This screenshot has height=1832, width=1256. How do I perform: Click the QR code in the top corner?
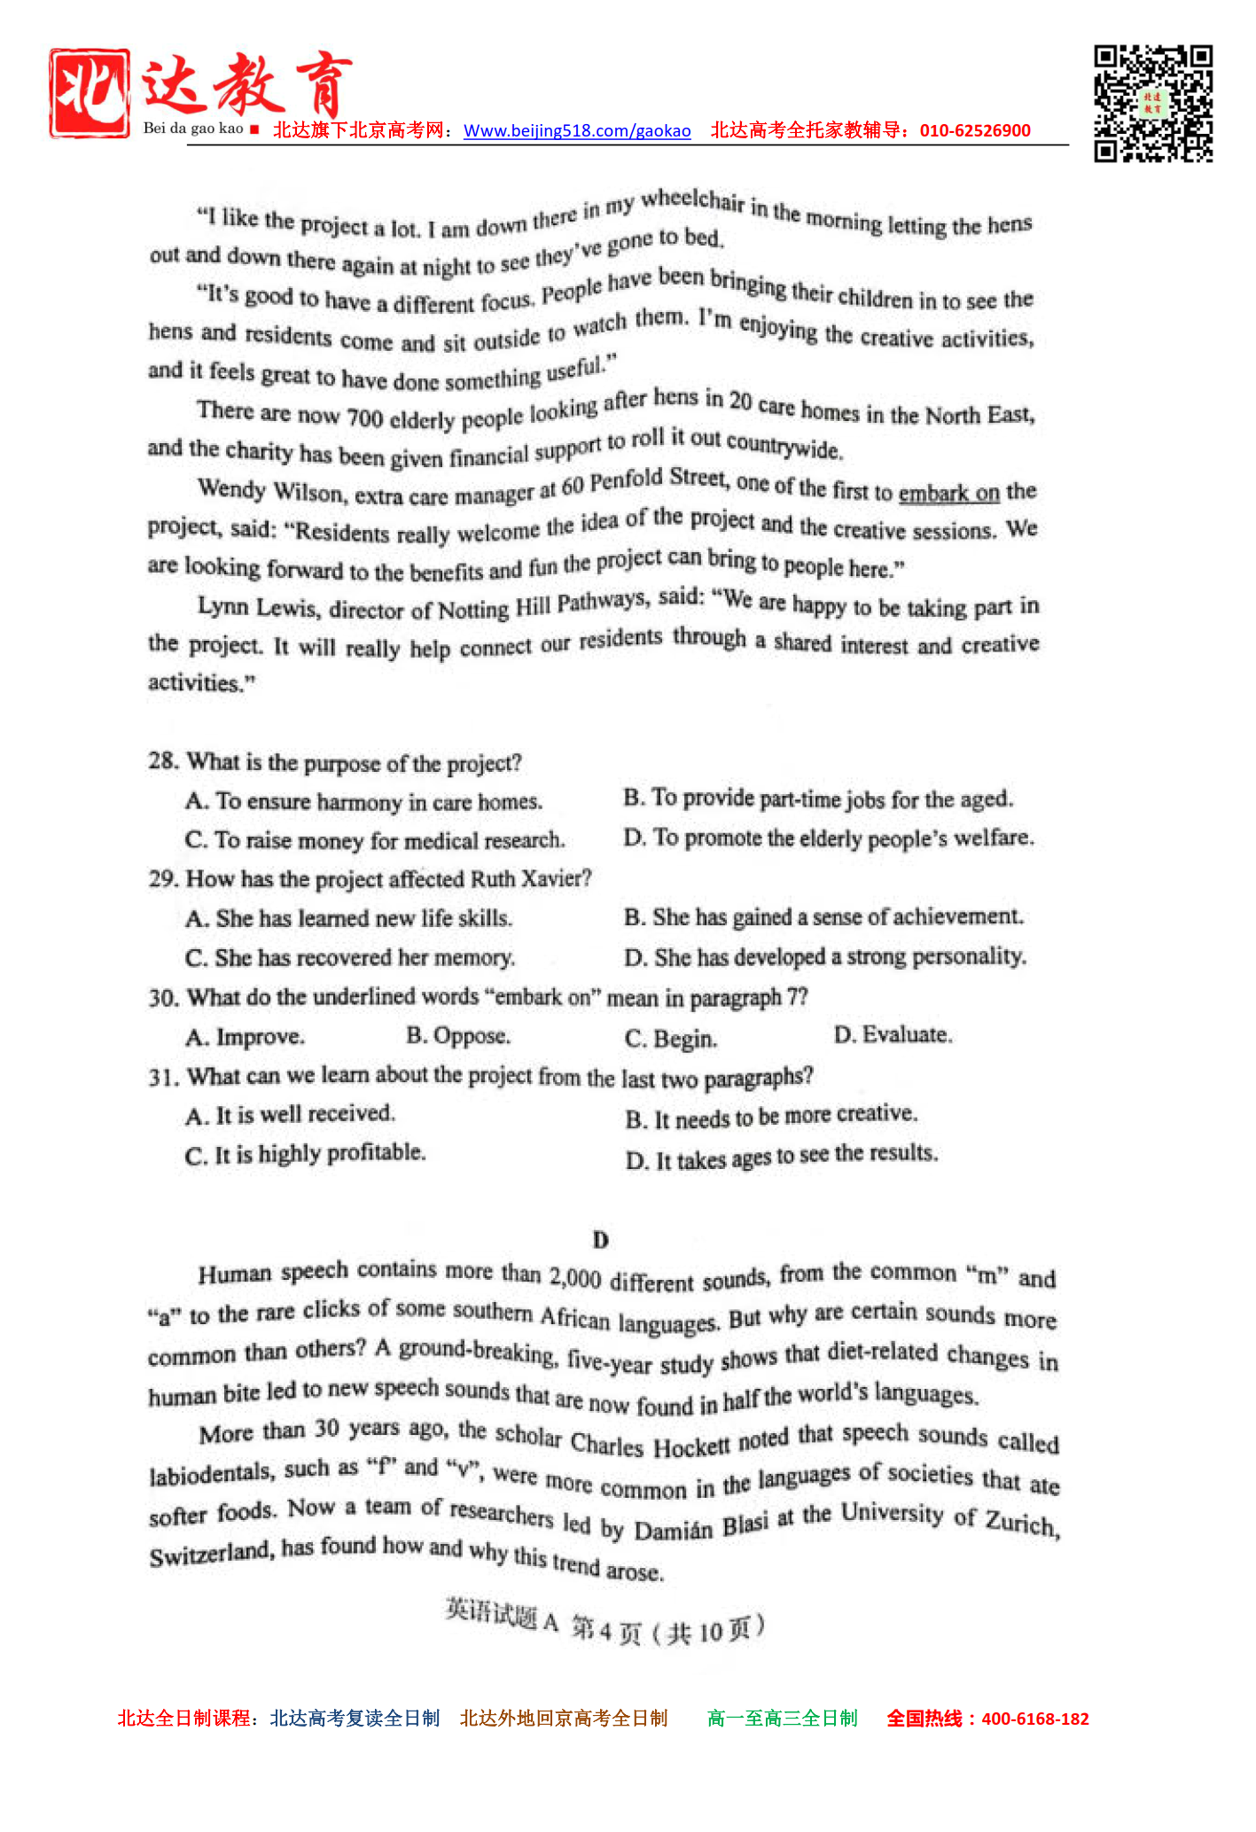[1152, 104]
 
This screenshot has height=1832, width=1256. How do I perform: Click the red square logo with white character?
[90, 93]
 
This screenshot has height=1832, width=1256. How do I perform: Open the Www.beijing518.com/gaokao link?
[577, 131]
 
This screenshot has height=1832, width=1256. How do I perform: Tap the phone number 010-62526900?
[975, 130]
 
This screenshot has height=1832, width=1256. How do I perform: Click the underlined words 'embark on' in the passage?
[948, 493]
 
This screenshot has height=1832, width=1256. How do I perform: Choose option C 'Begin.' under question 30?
[671, 1038]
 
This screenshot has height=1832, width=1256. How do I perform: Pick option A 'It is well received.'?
[291, 1114]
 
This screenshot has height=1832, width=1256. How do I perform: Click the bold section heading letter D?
[601, 1239]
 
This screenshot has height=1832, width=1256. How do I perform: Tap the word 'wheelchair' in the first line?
[692, 200]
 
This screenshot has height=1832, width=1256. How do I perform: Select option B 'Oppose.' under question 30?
[458, 1035]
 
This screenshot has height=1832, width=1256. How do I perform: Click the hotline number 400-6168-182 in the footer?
[1035, 1719]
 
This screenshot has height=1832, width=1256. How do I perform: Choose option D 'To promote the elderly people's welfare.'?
[829, 838]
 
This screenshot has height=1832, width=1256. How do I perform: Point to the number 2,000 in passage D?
[575, 1277]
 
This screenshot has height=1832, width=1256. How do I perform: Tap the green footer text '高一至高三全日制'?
[783, 1719]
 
